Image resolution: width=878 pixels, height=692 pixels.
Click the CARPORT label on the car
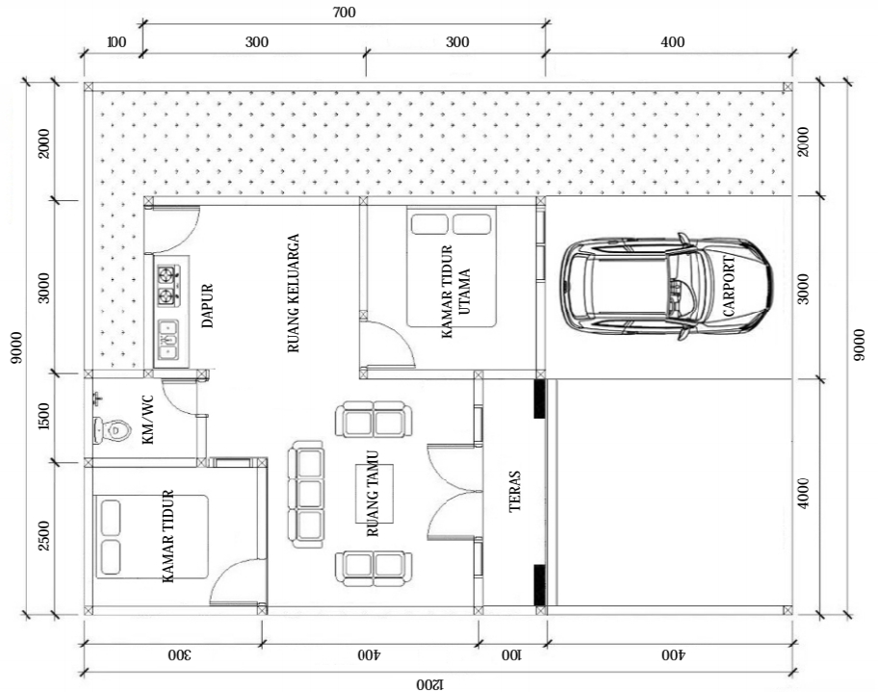tap(729, 286)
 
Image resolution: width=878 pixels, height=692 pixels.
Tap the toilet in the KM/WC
tap(112, 430)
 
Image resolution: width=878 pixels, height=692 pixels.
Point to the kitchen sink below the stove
tap(168, 340)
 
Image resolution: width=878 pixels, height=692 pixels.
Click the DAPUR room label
tap(207, 306)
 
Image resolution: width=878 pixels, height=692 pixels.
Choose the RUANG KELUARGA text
tap(294, 293)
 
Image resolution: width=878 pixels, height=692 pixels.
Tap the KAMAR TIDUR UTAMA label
tap(455, 291)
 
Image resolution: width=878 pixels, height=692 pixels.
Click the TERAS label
tap(515, 491)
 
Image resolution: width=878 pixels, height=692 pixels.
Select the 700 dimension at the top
tap(344, 12)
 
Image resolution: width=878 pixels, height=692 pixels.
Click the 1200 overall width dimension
tap(429, 683)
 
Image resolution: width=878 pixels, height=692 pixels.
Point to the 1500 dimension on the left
tap(45, 417)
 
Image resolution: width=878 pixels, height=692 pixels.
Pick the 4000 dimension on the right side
tap(803, 493)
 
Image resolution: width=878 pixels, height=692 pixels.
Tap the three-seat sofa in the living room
tap(306, 495)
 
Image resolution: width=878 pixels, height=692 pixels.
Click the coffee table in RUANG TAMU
tap(374, 493)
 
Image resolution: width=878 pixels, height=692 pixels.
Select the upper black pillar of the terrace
tap(540, 398)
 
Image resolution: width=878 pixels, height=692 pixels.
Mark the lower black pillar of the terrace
tap(540, 585)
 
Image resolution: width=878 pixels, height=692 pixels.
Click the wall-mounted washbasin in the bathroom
tap(98, 398)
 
